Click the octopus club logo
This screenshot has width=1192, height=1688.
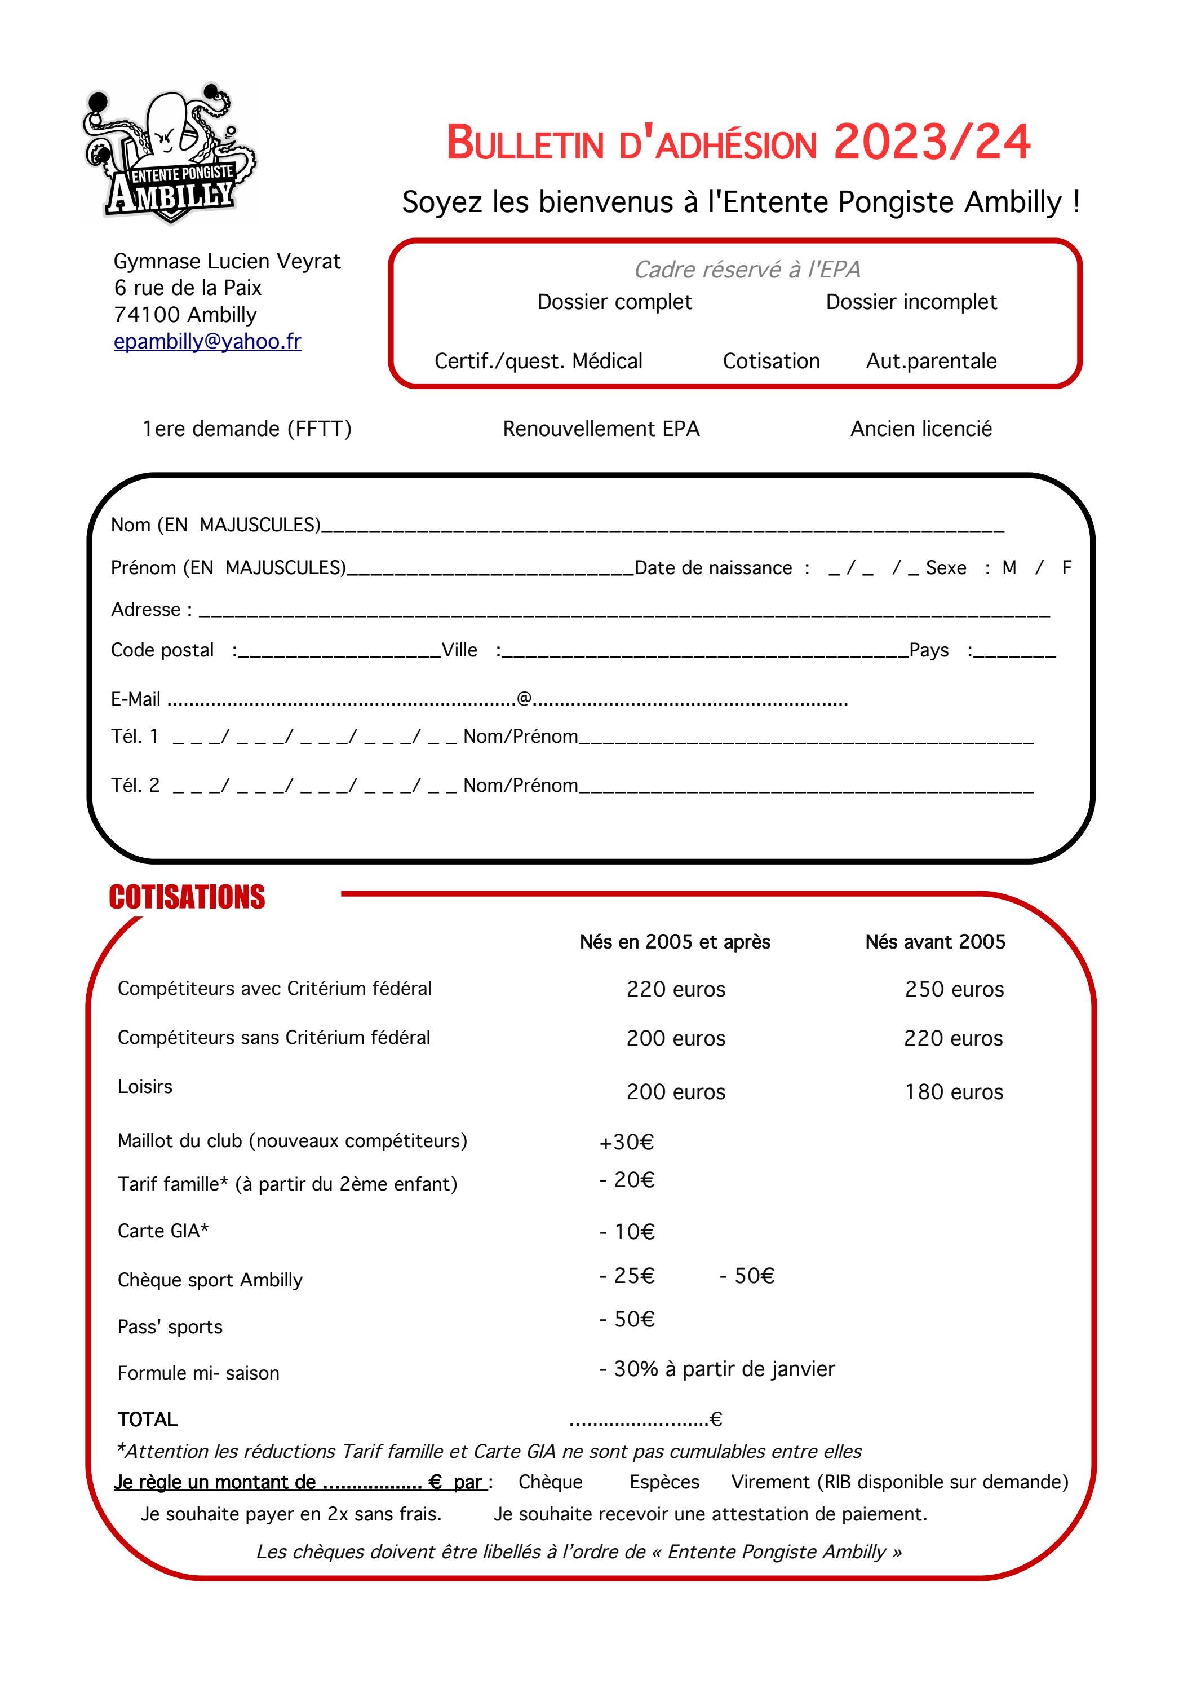(171, 153)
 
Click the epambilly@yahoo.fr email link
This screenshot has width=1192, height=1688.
(207, 341)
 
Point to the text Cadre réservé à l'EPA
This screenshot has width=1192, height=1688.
(747, 269)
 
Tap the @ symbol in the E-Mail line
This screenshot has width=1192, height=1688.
(524, 698)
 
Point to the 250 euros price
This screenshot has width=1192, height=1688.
(954, 990)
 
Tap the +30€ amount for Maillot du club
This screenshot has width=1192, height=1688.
(626, 1143)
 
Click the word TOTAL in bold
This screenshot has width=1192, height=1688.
(148, 1420)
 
